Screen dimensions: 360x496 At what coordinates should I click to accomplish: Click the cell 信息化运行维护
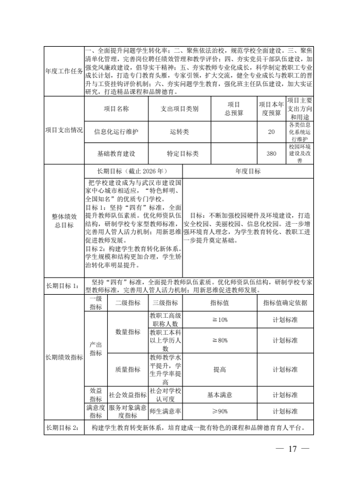[116, 131]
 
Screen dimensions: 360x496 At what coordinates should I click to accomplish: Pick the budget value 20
[271, 131]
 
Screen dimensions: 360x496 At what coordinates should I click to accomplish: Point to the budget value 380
[271, 153]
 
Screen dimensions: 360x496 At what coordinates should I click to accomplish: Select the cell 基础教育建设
[116, 153]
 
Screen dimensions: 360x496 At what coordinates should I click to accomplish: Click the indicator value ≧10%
[219, 320]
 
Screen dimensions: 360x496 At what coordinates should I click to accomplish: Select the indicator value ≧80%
[219, 341]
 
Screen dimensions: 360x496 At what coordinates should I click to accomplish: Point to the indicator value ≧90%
[219, 412]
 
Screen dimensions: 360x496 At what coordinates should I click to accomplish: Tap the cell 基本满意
[219, 395]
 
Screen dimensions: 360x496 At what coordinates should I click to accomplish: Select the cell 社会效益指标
[127, 395]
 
